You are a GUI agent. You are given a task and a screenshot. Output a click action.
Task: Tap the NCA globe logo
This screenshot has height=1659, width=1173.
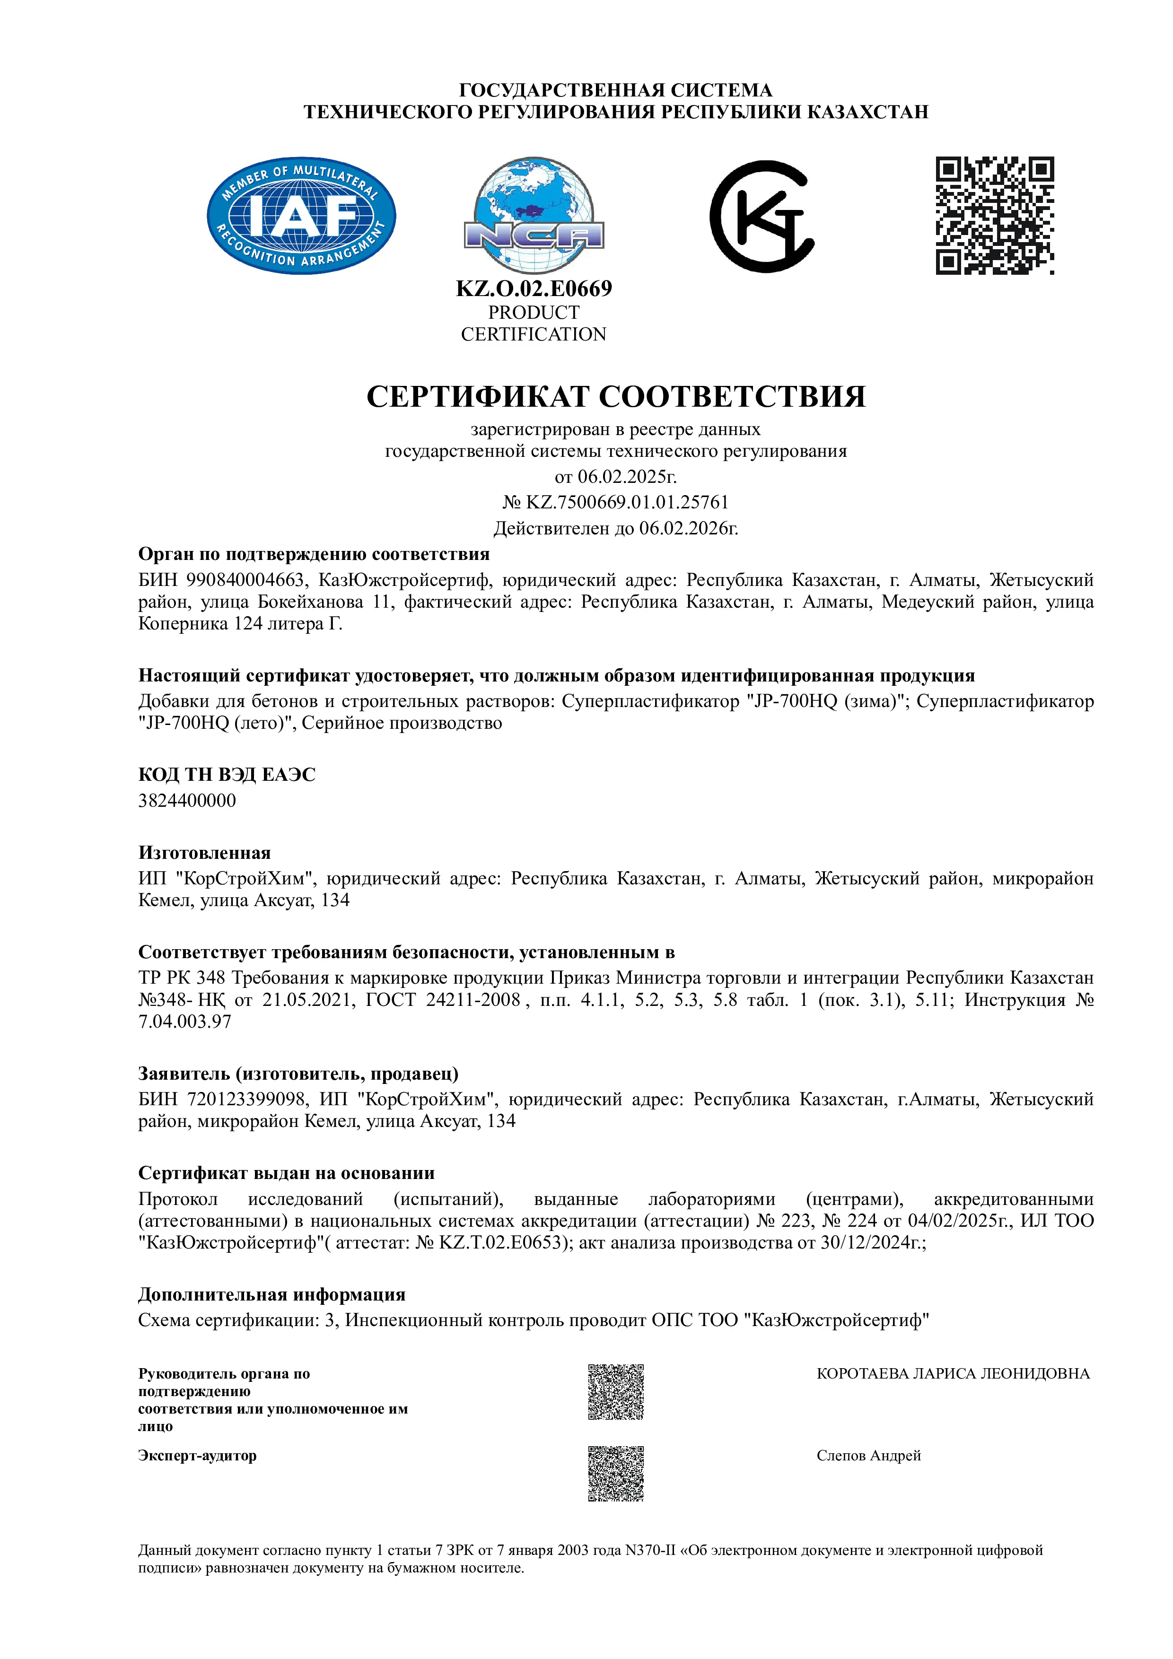point(534,215)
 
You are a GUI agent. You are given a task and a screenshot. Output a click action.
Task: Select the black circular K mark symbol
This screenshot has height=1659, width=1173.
point(762,216)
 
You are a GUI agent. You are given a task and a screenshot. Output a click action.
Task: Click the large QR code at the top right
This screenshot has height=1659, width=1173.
point(995,215)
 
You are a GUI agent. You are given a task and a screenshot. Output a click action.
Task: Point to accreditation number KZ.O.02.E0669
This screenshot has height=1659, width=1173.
point(534,288)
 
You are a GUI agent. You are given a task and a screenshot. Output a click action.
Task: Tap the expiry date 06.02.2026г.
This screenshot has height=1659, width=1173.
point(688,528)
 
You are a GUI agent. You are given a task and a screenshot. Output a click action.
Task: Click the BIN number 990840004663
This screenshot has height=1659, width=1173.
point(246,580)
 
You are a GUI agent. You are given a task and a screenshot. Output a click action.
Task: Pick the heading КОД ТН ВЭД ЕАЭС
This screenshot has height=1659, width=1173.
point(227,775)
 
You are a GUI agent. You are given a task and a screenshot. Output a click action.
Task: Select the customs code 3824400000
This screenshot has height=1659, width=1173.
point(187,801)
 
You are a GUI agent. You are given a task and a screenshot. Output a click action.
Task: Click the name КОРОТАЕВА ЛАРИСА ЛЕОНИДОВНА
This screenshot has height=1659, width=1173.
point(953,1373)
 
